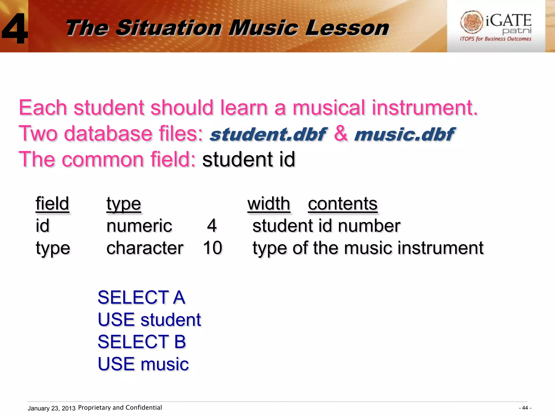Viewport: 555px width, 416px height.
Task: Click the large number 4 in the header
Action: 15,28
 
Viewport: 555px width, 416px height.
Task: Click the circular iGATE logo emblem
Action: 472,22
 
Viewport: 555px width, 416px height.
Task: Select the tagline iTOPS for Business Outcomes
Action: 495,39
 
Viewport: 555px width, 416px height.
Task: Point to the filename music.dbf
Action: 404,134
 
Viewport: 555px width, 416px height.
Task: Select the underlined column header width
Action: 269,204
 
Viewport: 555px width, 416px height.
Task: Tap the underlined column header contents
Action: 343,204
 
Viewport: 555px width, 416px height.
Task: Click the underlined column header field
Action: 52,204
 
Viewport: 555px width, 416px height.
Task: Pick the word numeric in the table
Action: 139,226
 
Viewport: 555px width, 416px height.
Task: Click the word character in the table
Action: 145,248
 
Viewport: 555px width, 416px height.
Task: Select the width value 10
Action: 213,248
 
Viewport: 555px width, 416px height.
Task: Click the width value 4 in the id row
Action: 212,226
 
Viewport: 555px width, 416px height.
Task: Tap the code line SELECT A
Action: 141,297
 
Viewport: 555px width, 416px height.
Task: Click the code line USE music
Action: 143,364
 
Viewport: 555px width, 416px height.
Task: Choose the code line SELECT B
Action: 142,342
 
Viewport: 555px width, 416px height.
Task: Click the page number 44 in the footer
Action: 525,408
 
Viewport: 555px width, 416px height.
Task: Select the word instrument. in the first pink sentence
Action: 425,108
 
